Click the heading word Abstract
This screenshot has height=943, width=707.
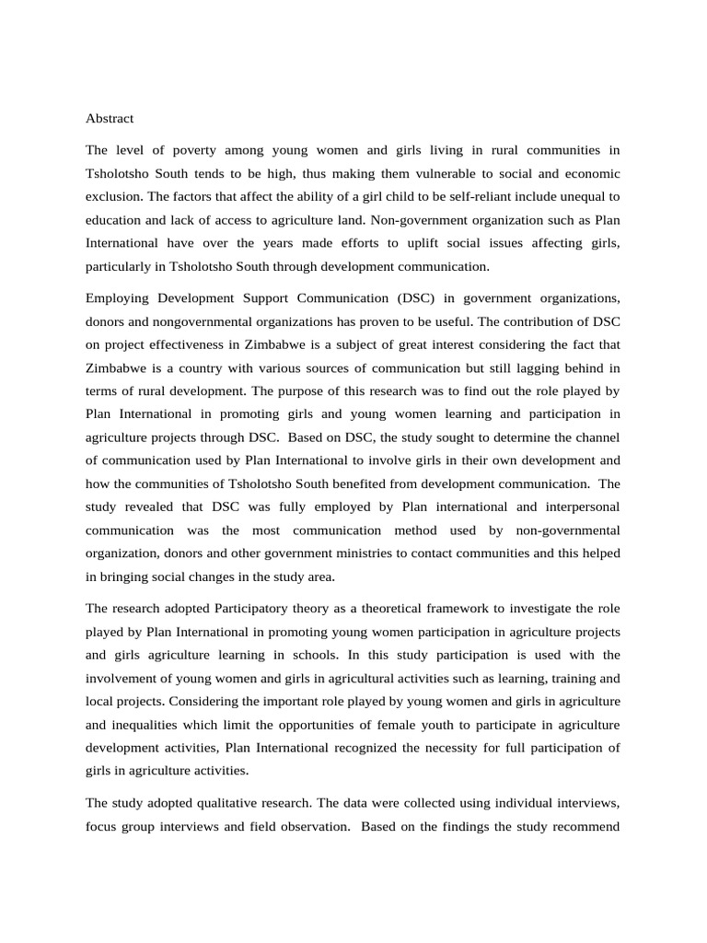[110, 119]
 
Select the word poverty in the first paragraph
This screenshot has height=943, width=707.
[194, 149]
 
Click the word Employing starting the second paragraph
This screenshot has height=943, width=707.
[118, 298]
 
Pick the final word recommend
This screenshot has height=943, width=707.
[585, 828]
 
